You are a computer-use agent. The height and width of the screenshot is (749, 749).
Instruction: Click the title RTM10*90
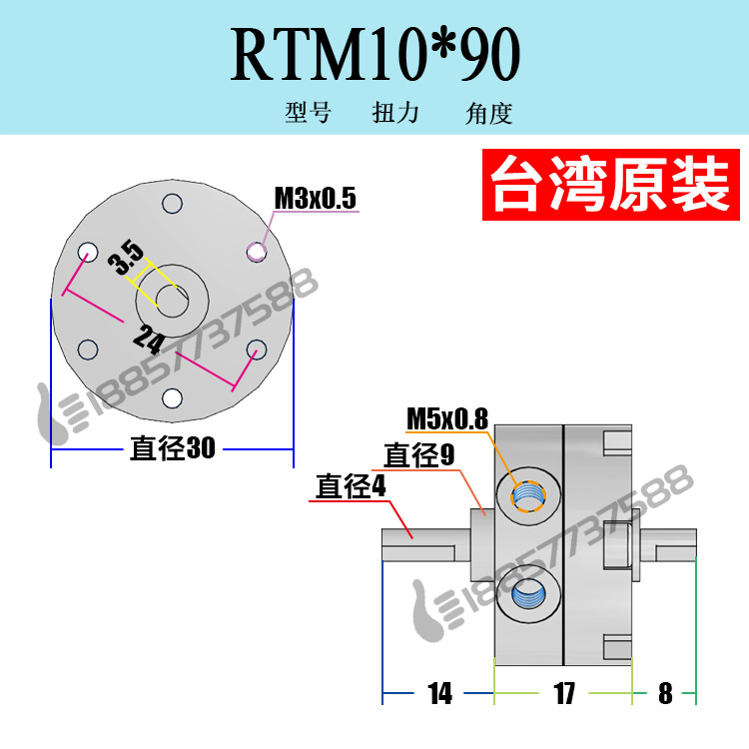[x=375, y=56]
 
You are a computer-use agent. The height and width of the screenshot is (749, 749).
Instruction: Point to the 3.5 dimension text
[x=125, y=258]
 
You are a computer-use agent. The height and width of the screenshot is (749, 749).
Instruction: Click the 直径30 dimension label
[x=173, y=448]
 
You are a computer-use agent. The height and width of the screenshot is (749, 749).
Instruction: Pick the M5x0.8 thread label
[x=446, y=418]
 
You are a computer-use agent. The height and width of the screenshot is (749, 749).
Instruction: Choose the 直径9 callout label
[x=412, y=456]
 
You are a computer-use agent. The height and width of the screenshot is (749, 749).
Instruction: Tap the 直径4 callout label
[x=351, y=487]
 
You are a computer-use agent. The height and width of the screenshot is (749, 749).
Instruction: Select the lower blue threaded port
[x=526, y=598]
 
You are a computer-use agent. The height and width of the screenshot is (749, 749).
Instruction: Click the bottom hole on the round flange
[x=172, y=398]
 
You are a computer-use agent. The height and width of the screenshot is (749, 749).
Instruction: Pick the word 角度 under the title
[x=488, y=113]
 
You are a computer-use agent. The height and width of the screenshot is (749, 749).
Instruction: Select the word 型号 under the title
[x=308, y=113]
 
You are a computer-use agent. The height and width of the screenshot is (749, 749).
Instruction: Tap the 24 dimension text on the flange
[x=148, y=343]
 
